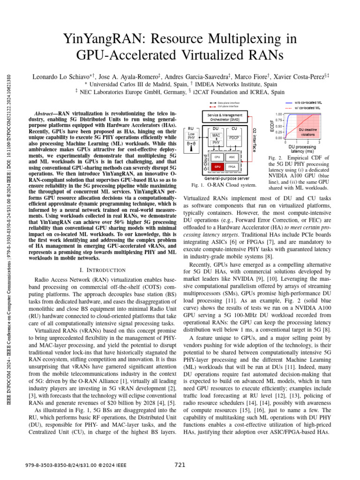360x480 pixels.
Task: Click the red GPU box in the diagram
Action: click(x=217, y=166)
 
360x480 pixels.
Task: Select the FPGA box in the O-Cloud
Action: click(x=232, y=166)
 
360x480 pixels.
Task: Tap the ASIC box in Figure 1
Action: click(x=232, y=157)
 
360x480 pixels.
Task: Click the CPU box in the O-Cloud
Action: click(x=217, y=157)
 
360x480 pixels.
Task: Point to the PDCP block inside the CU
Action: click(x=234, y=138)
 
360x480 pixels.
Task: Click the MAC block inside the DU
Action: click(x=216, y=135)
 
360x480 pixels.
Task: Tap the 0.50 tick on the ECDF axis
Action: click(x=278, y=126)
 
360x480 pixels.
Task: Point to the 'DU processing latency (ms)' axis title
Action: click(x=303, y=149)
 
